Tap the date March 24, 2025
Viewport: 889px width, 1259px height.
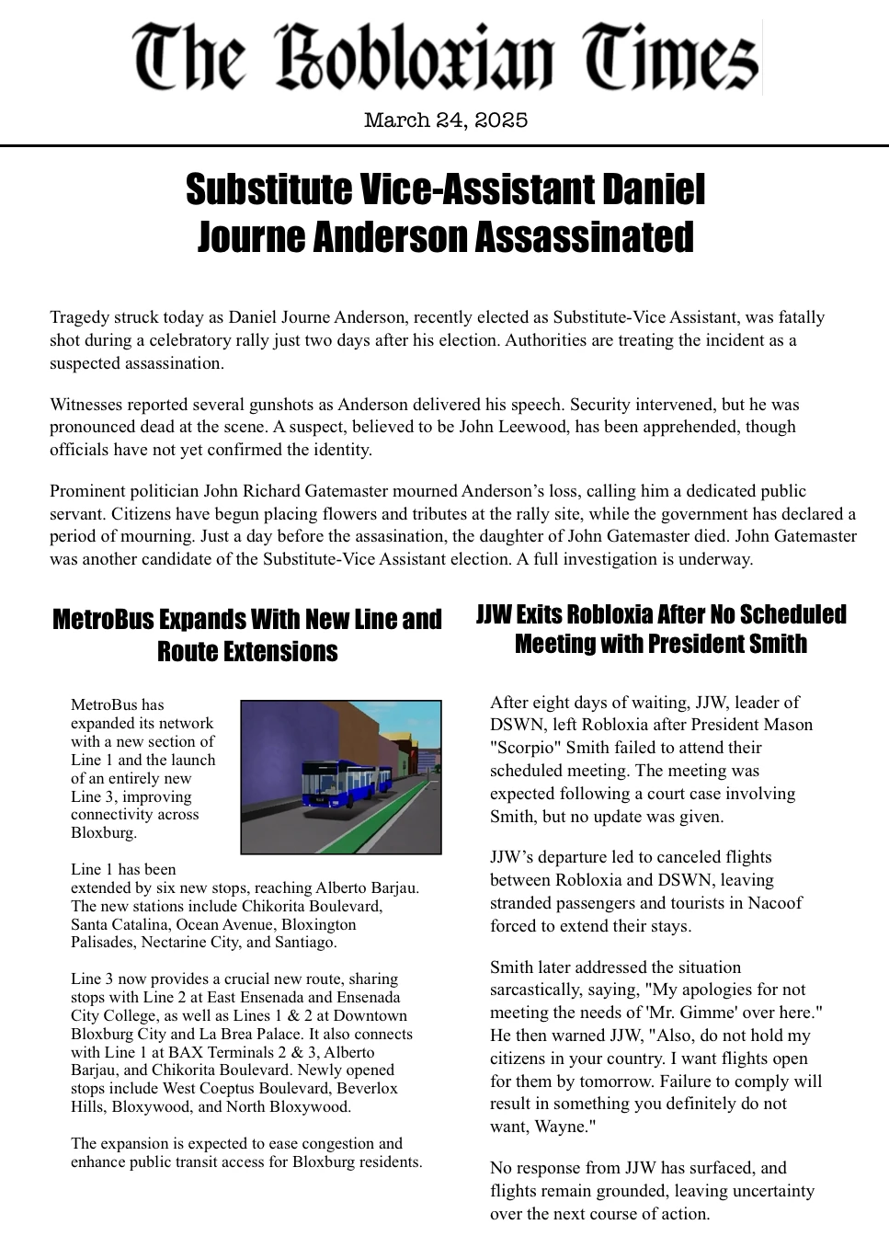[445, 120]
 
